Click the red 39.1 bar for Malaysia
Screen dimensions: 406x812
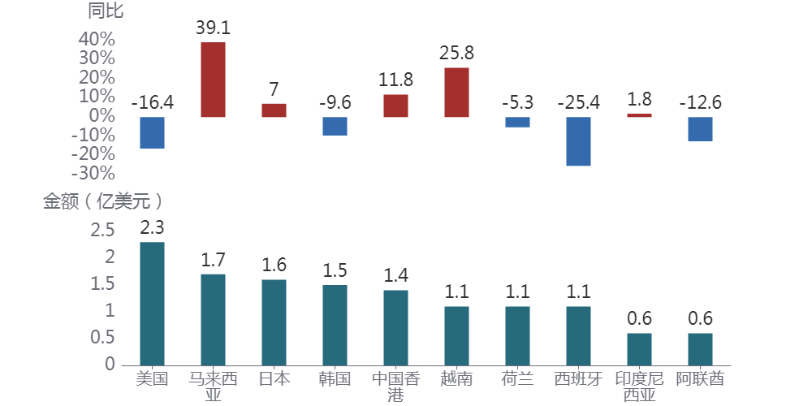click(213, 80)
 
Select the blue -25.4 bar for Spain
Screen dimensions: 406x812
click(578, 141)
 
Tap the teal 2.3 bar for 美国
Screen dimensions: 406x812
click(152, 303)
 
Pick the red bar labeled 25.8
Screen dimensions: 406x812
click(456, 92)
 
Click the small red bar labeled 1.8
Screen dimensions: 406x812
click(639, 115)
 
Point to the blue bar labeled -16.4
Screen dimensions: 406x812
click(152, 132)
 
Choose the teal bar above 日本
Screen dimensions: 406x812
click(274, 322)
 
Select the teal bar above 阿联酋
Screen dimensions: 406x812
click(700, 348)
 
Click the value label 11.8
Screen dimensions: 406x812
click(395, 80)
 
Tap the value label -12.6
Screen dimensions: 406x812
click(700, 102)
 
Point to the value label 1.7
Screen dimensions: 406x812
click(213, 260)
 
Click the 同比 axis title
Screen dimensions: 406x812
click(106, 11)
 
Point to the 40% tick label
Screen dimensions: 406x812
click(97, 39)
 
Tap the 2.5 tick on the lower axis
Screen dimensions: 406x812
click(103, 231)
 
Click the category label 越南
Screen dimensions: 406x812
click(456, 378)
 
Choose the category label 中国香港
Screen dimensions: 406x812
click(395, 387)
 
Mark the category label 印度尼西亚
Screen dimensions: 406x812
click(639, 387)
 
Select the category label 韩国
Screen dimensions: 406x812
click(335, 378)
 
